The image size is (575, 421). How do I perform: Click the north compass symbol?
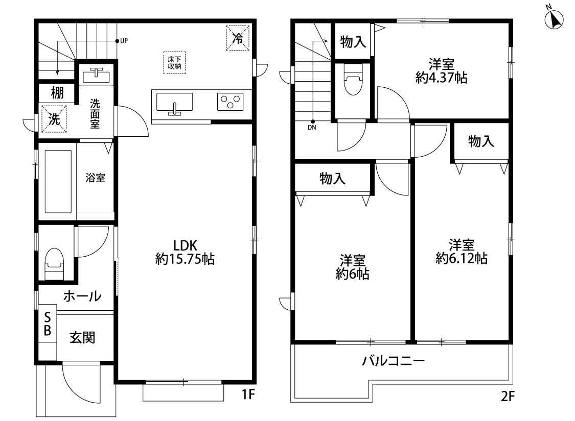pyautogui.click(x=554, y=19)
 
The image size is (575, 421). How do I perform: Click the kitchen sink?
pyautogui.click(x=174, y=104)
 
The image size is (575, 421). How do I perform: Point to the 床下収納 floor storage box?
pyautogui.click(x=174, y=63)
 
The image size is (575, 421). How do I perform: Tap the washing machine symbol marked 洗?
pyautogui.click(x=54, y=119)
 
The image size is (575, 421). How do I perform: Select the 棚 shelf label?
pyautogui.click(x=57, y=93)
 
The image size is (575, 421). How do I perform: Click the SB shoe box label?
pyautogui.click(x=47, y=323)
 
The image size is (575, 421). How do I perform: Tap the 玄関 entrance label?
pyautogui.click(x=82, y=337)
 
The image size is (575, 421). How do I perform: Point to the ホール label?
pyautogui.click(x=82, y=296)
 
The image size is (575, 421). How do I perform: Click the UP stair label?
pyautogui.click(x=124, y=40)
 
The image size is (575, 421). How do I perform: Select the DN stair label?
pyautogui.click(x=312, y=128)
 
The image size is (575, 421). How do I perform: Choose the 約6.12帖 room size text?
pyautogui.click(x=461, y=258)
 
